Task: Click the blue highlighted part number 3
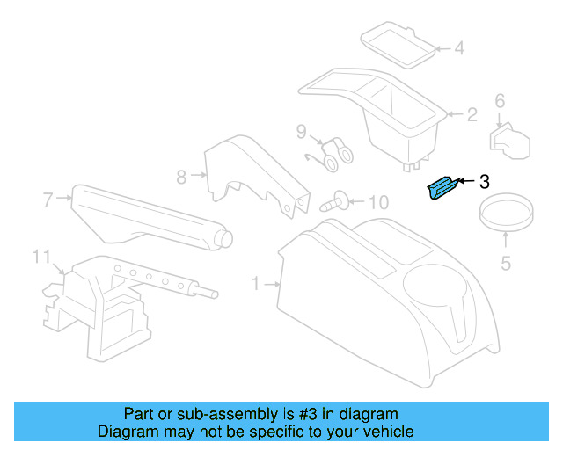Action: point(441,188)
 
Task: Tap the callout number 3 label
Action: point(484,183)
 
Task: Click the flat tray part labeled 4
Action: point(398,45)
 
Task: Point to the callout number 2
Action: point(472,113)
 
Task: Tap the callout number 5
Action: point(506,261)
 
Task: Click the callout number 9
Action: point(301,132)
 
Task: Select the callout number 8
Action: point(181,177)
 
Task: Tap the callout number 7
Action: point(48,199)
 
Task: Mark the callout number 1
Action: point(256,284)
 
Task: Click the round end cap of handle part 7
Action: point(224,238)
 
